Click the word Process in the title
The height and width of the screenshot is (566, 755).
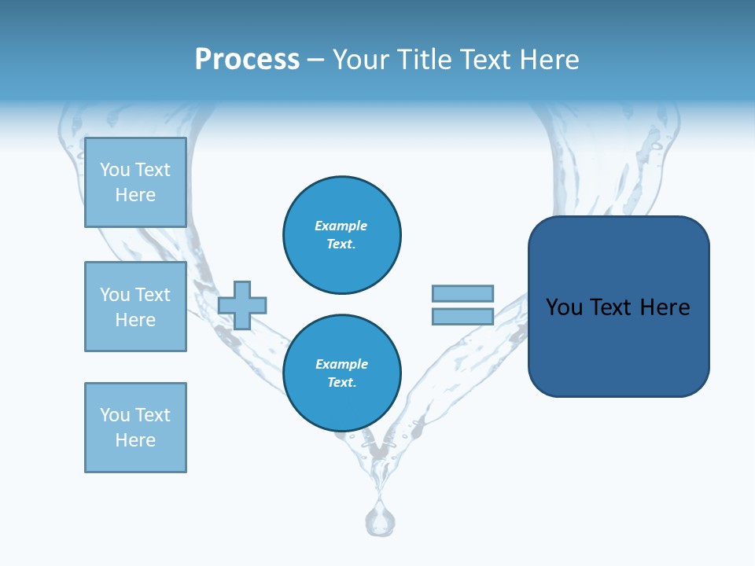pyautogui.click(x=247, y=60)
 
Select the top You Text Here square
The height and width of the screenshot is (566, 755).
pyautogui.click(x=135, y=182)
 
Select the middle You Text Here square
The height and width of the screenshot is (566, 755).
pyautogui.click(x=135, y=307)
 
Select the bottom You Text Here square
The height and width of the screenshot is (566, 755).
pyautogui.click(x=135, y=428)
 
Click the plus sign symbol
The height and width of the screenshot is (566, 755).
pyautogui.click(x=242, y=305)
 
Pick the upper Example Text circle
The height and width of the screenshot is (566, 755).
pyautogui.click(x=342, y=235)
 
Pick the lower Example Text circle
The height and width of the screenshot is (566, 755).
pyautogui.click(x=342, y=373)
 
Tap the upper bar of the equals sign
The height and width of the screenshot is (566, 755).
pyautogui.click(x=462, y=293)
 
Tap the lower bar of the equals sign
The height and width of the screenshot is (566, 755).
pyautogui.click(x=462, y=316)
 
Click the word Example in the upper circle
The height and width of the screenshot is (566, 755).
pyautogui.click(x=341, y=226)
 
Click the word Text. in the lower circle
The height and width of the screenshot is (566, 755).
pyautogui.click(x=341, y=383)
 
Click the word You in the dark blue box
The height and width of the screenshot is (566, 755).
pyautogui.click(x=564, y=307)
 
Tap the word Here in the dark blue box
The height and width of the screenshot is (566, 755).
pyautogui.click(x=665, y=307)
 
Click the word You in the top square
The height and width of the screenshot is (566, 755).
pyautogui.click(x=114, y=170)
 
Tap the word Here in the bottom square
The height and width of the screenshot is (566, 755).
pyautogui.click(x=135, y=440)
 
